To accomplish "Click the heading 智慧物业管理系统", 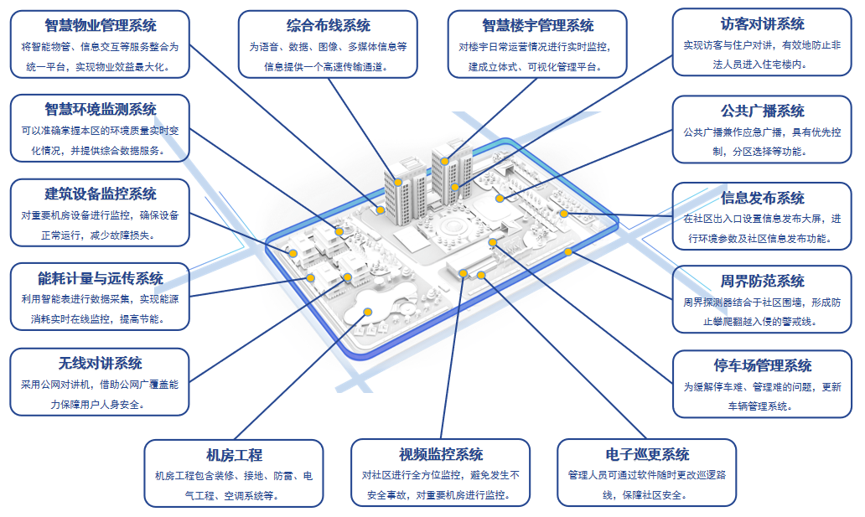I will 101,25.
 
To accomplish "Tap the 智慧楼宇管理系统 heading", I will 538,26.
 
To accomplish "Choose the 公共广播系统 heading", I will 762,111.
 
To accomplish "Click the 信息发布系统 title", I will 762,198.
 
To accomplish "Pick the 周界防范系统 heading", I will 762,281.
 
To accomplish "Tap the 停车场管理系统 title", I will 762,365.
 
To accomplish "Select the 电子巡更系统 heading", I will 647,454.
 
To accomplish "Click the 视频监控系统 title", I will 441,454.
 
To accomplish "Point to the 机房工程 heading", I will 234,455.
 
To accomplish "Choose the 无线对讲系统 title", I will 101,363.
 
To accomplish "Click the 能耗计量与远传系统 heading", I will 101,278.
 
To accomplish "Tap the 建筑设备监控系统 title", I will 101,194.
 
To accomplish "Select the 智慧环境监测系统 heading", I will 101,109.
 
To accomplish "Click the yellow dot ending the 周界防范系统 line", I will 568,251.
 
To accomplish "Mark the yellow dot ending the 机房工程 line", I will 367,312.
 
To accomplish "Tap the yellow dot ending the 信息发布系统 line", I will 564,213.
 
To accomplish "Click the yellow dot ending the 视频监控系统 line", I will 463,272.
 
